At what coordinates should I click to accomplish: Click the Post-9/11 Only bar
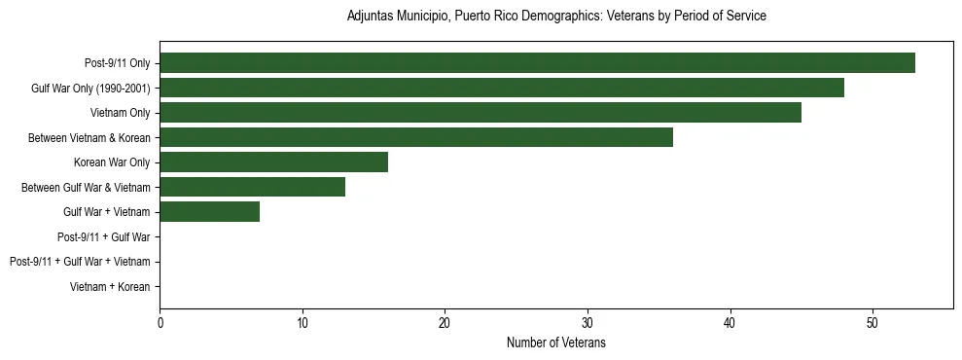tap(537, 63)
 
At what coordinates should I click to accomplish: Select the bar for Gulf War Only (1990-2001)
tap(502, 88)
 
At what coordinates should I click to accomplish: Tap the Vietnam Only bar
tap(481, 113)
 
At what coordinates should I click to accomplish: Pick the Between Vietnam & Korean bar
tap(416, 137)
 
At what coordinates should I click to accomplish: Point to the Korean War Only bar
tap(273, 162)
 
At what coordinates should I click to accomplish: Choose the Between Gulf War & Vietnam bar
tap(252, 187)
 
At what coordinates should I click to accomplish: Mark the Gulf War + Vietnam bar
tap(209, 211)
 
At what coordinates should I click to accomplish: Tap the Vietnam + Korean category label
tap(111, 286)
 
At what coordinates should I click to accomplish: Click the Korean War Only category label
tap(112, 162)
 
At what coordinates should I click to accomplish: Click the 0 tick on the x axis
tap(160, 323)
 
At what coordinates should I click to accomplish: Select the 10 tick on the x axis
tap(303, 323)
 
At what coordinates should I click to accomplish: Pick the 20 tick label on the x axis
tap(445, 323)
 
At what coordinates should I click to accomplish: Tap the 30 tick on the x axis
tap(588, 323)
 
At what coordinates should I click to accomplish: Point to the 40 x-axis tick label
tap(730, 323)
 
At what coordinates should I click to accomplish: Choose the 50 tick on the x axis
tap(873, 323)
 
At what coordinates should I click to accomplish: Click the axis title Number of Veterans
tap(556, 342)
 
